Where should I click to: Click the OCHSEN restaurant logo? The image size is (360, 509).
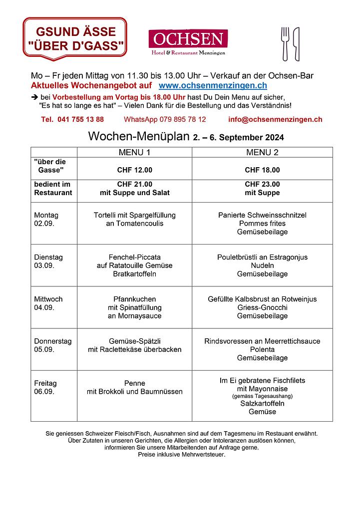pos(188,42)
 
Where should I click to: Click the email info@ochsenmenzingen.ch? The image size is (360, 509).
pos(275,119)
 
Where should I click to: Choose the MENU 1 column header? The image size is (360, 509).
pos(134,152)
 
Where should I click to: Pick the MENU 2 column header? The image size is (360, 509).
pos(262,152)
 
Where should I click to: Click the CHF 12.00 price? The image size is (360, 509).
pos(134,170)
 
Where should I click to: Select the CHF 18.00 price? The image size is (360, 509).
pos(262,170)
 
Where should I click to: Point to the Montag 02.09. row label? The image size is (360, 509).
pos(46,219)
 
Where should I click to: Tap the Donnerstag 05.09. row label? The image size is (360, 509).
pos(52,345)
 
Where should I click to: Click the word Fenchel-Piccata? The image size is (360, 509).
pos(134,257)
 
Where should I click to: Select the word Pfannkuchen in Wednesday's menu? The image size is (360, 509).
pos(134,299)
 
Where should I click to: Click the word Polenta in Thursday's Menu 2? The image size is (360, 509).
pos(262,349)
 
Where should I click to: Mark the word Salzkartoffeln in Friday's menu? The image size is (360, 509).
pos(262,403)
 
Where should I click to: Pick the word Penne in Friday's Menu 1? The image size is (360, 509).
pos(134,383)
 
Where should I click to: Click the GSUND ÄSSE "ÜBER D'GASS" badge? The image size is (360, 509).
pos(75,39)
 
